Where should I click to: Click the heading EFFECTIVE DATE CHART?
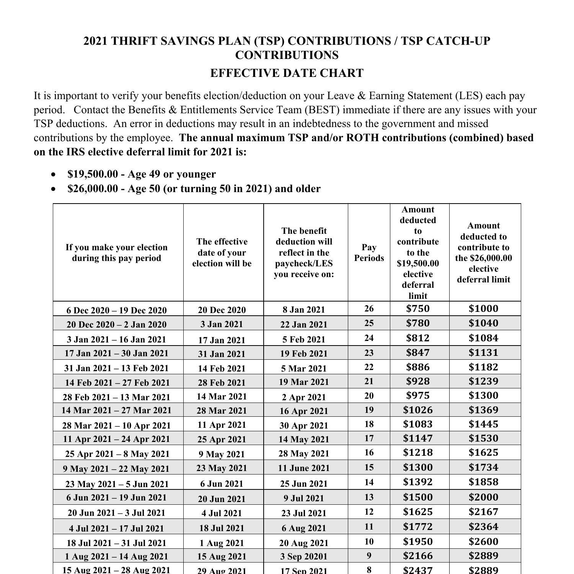click(287, 73)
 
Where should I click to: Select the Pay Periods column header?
click(369, 253)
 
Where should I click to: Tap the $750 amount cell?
click(418, 308)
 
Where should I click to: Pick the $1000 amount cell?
click(483, 308)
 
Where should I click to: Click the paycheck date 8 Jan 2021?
click(304, 310)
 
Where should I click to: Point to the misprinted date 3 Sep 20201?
click(304, 556)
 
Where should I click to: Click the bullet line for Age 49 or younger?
click(142, 174)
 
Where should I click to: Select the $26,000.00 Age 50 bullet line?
click(194, 189)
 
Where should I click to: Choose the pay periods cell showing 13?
click(369, 497)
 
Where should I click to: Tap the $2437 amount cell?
click(418, 570)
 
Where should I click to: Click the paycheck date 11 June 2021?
click(304, 468)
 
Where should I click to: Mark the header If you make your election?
click(117, 253)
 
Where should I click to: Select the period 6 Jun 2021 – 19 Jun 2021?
click(117, 497)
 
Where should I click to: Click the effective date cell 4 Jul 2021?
click(222, 513)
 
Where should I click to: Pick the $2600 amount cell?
click(483, 541)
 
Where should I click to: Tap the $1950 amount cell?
click(418, 541)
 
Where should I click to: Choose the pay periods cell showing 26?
click(369, 308)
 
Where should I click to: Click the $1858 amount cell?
click(483, 482)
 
